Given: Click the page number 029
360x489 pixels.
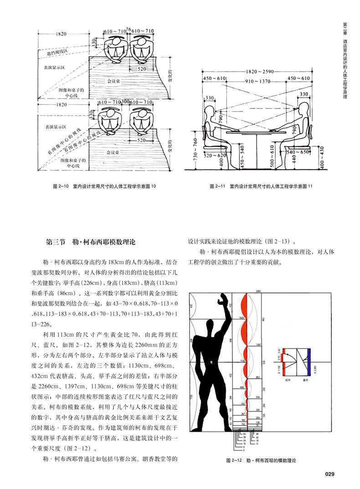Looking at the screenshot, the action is (330, 474).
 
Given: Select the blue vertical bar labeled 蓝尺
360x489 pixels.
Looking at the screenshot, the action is (309, 358).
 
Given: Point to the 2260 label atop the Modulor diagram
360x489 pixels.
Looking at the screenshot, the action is (259, 290).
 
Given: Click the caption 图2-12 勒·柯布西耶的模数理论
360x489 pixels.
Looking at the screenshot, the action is (261, 461).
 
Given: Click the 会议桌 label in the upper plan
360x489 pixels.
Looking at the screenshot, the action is (113, 81).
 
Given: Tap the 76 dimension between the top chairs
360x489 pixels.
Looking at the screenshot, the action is (128, 29).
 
